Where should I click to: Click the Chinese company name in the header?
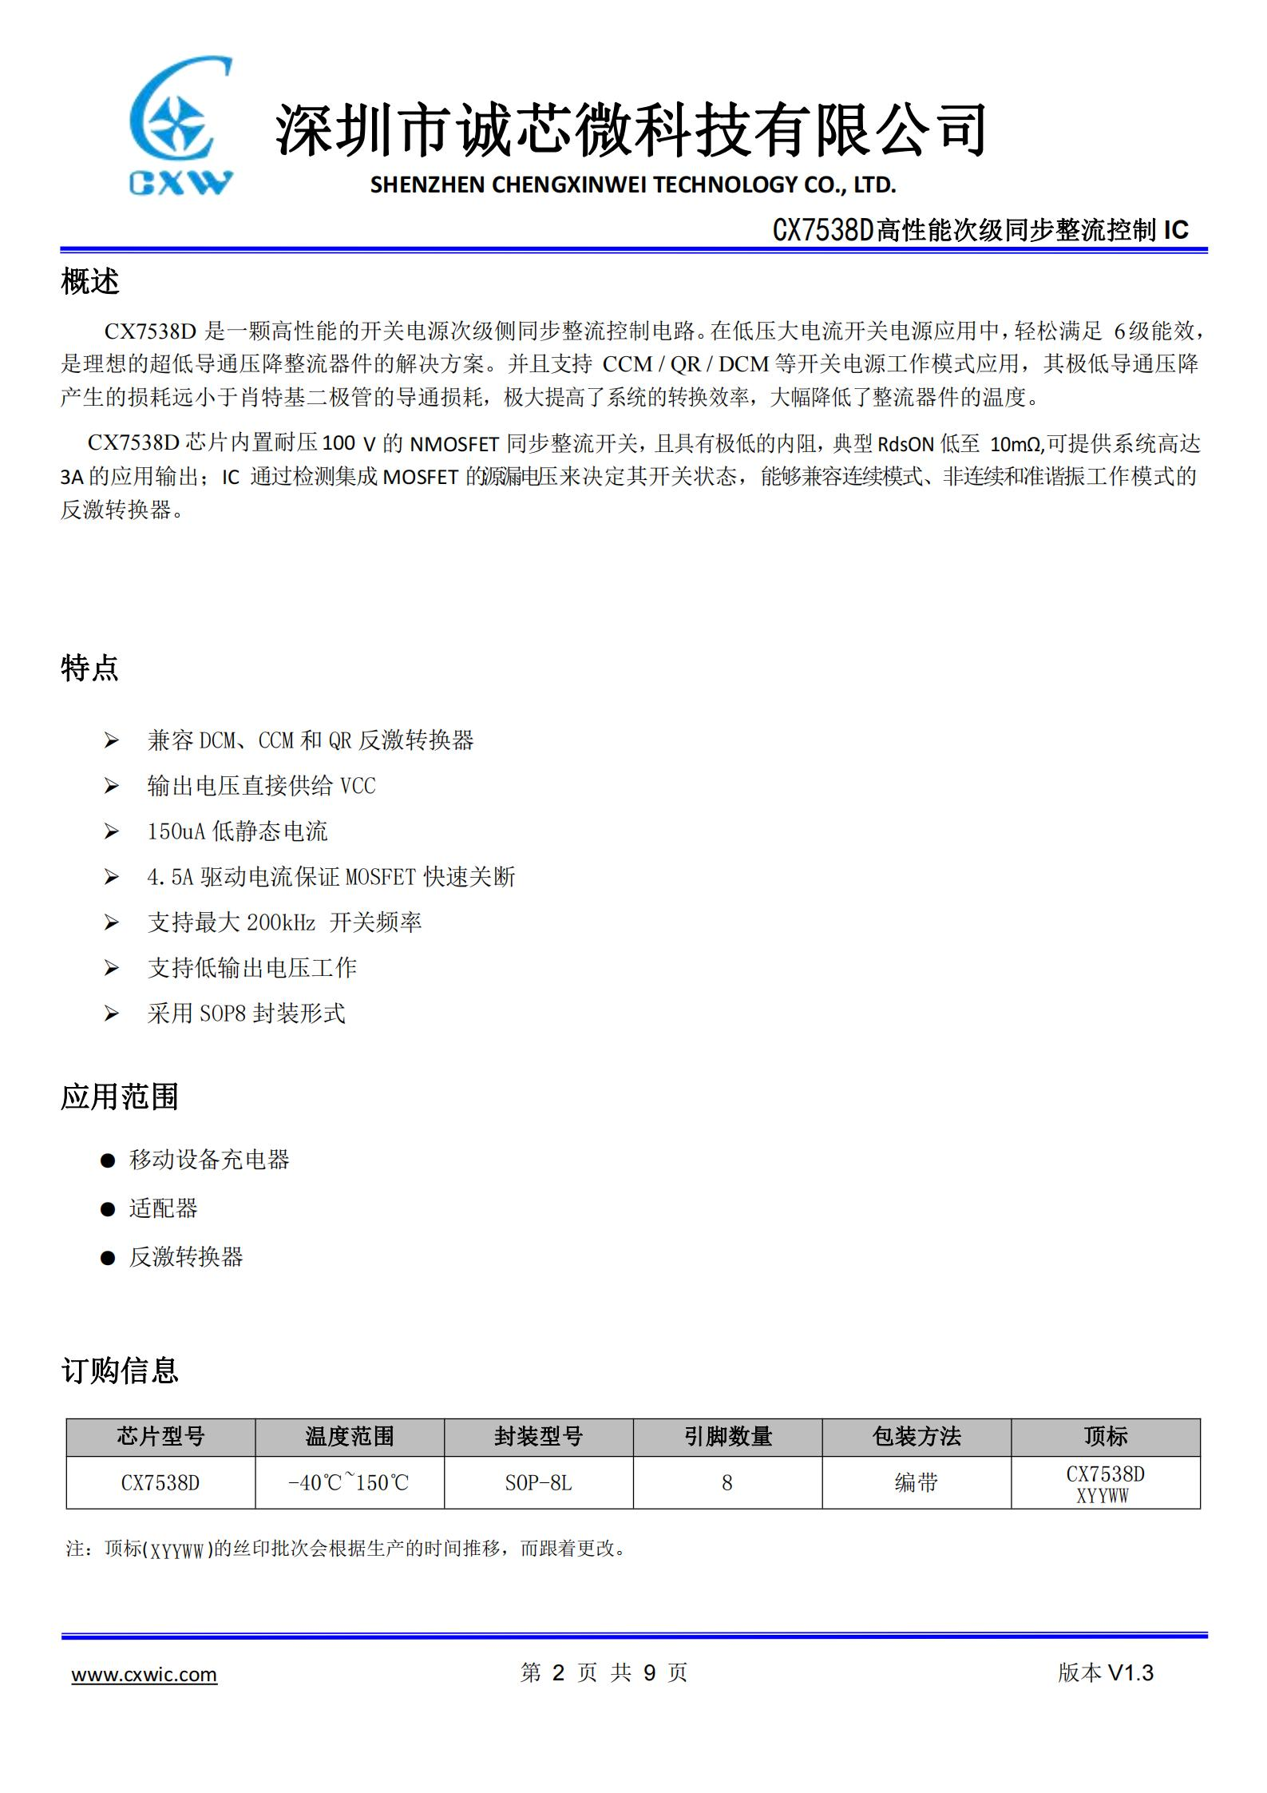631,129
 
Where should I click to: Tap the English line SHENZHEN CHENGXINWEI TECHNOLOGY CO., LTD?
633,185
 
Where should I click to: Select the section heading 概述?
90,281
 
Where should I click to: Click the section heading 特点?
90,668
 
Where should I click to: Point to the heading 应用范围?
120,1097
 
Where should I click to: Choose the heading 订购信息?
120,1370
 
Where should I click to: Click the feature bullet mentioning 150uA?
237,831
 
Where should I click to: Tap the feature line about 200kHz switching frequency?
284,922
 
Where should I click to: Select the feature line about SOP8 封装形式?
246,1014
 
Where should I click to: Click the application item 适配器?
163,1208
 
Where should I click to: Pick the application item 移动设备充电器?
209,1160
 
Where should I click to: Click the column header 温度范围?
350,1437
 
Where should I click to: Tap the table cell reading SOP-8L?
538,1483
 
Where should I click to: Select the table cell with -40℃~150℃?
349,1483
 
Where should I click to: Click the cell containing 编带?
916,1483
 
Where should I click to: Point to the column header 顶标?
1105,1437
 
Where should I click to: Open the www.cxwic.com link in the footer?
145,1674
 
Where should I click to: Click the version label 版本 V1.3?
1105,1672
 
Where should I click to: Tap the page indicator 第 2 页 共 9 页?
604,1672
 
